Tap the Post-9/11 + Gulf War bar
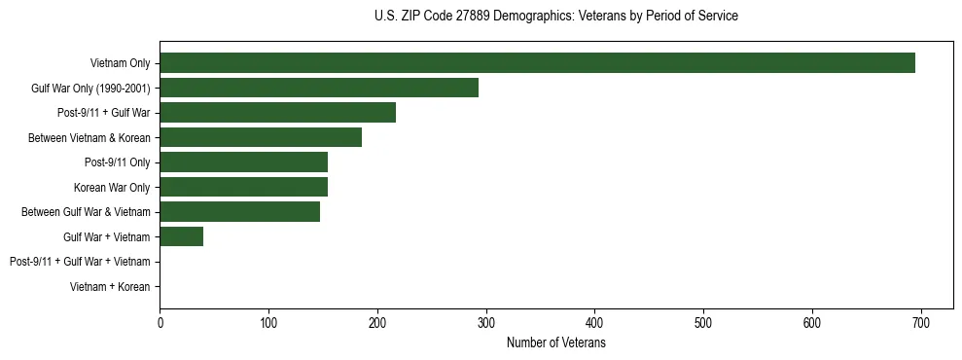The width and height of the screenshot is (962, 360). coord(277,113)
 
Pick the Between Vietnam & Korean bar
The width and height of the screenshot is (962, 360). coord(261,137)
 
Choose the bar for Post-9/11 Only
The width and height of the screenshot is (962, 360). coord(243,162)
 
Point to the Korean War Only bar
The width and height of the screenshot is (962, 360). coord(243,187)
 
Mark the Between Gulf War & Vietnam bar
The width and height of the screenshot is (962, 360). coord(239,212)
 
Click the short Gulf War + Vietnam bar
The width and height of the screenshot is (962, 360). coord(181,236)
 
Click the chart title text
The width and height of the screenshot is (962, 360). coord(555,17)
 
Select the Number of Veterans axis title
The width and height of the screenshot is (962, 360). coord(555,343)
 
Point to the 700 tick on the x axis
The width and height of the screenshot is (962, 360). coord(921,323)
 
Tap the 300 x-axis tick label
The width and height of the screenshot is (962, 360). coord(486,323)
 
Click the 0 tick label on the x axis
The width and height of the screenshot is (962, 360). coord(160,323)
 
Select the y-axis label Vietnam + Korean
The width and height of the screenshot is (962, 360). coord(110,287)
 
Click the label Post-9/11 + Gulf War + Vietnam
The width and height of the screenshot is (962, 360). coord(80,262)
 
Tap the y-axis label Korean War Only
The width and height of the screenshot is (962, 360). coord(112,187)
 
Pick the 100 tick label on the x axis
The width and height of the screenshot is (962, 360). coord(268,323)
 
